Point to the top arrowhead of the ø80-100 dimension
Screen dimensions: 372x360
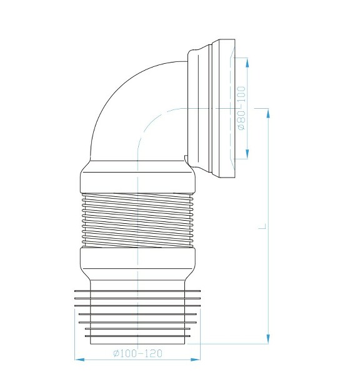coord(247,61)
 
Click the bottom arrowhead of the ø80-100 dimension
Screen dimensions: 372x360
coord(247,156)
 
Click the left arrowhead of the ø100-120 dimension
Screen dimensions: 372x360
coord(77,359)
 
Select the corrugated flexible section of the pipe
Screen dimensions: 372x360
coord(137,219)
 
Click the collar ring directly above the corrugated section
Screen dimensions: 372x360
coord(137,179)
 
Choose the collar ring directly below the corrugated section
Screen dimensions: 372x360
coord(137,259)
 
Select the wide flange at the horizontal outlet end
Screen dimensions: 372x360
coord(224,106)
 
